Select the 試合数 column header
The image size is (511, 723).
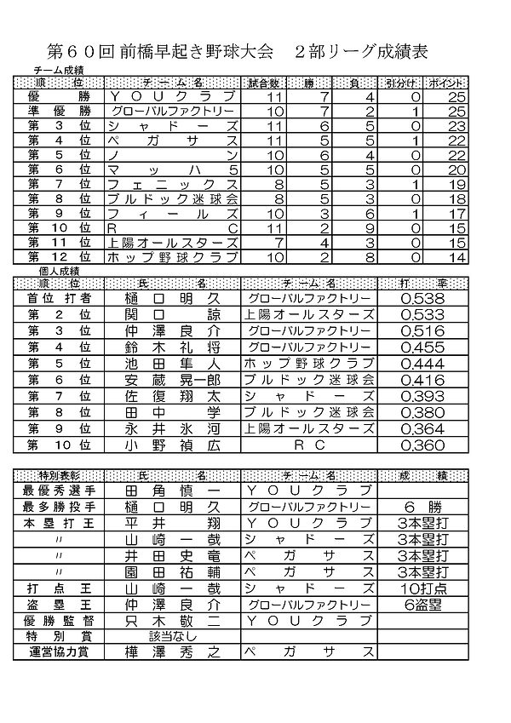pos(262,83)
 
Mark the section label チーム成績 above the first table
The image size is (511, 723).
pos(59,70)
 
